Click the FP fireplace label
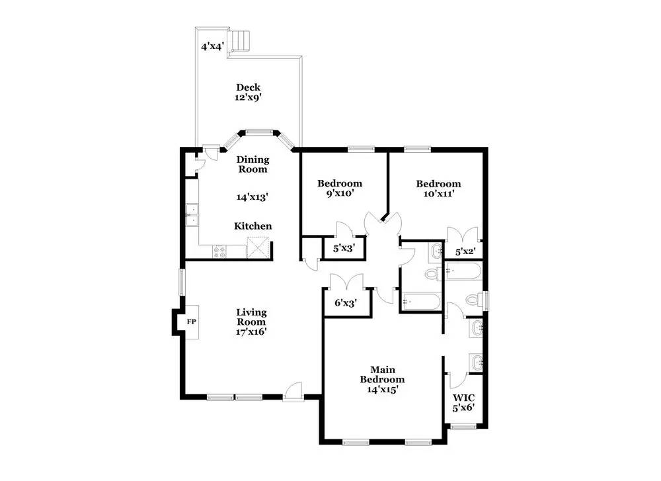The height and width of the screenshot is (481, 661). point(192,322)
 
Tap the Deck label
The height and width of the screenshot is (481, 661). point(249,87)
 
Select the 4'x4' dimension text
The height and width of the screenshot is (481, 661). point(212,46)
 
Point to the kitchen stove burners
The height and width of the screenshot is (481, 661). point(219,252)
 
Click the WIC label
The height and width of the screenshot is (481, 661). point(464,398)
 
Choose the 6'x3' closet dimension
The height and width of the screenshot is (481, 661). point(346,302)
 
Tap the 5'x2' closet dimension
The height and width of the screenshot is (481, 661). point(466,252)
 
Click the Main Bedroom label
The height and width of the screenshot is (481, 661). point(382,374)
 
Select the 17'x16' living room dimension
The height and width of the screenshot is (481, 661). point(251,331)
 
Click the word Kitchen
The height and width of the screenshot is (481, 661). point(253,226)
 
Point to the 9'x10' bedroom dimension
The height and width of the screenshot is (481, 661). point(340,193)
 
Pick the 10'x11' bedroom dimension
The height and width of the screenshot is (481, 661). point(438,194)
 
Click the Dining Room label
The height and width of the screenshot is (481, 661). point(253,164)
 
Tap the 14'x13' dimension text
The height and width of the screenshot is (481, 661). point(253,197)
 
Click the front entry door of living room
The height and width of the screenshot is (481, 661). point(293,391)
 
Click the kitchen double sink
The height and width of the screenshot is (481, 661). point(192,215)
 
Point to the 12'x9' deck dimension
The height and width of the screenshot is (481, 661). point(249,97)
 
